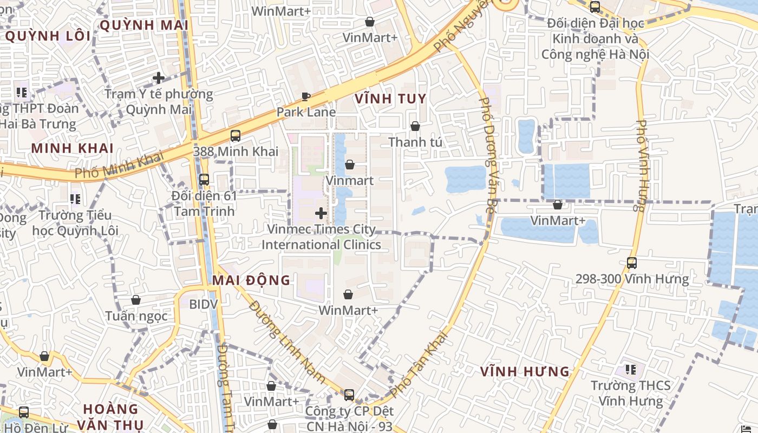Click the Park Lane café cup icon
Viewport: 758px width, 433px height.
(x=306, y=97)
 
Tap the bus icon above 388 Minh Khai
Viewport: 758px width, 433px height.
(x=235, y=136)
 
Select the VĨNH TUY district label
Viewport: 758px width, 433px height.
(x=390, y=99)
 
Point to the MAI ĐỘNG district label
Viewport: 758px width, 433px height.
(x=251, y=280)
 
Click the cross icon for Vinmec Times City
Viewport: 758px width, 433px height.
(x=321, y=213)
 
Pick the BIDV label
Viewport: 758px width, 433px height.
(x=203, y=304)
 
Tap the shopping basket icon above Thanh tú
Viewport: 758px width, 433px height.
(x=415, y=126)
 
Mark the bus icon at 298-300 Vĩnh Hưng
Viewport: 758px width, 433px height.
(x=632, y=263)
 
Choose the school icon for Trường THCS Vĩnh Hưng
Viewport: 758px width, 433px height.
(x=630, y=370)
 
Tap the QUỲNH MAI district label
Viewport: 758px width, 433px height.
(x=144, y=25)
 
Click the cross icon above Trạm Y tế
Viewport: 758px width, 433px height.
(x=159, y=78)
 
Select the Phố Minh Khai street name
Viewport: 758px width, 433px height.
(x=119, y=166)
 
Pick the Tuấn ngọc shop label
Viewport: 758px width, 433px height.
(x=136, y=316)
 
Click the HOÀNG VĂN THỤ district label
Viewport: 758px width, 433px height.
(x=111, y=417)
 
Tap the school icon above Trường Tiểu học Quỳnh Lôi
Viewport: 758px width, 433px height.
(x=75, y=199)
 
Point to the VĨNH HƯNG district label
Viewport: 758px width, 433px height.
(x=525, y=372)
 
